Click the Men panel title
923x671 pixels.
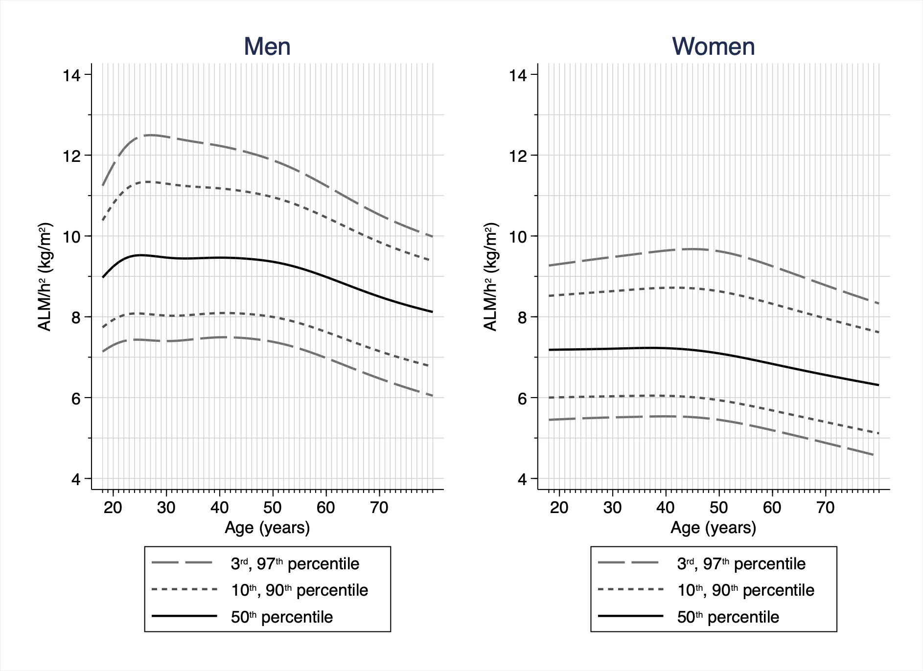(267, 47)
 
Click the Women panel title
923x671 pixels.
(713, 47)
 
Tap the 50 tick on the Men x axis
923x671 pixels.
(273, 508)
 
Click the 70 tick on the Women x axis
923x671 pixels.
(826, 508)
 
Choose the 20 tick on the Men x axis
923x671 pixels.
(113, 508)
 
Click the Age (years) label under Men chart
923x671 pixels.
(267, 528)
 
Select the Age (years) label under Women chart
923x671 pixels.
(713, 528)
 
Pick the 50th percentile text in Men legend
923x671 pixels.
(281, 617)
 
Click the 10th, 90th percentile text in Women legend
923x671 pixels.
(745, 590)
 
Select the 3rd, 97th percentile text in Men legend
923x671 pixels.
(295, 564)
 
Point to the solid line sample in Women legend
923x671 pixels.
(630, 617)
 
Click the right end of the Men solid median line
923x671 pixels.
(432, 312)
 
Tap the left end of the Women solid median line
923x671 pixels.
(550, 350)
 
